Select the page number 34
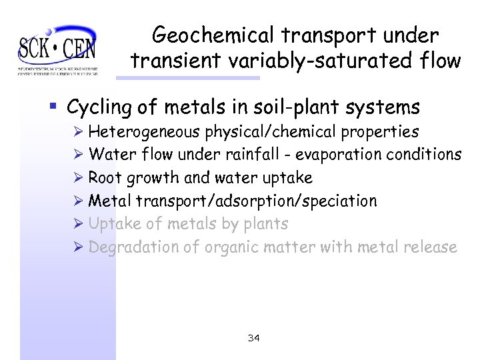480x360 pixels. pyautogui.click(x=253, y=339)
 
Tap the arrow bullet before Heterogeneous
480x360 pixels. pyautogui.click(x=79, y=132)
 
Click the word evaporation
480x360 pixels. pyautogui.click(x=337, y=155)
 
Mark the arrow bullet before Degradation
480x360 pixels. pyautogui.click(x=79, y=247)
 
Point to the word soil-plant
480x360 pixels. pyautogui.click(x=307, y=107)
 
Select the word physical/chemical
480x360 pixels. pyautogui.click(x=279, y=132)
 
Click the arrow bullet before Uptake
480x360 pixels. pyautogui.click(x=79, y=223)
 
